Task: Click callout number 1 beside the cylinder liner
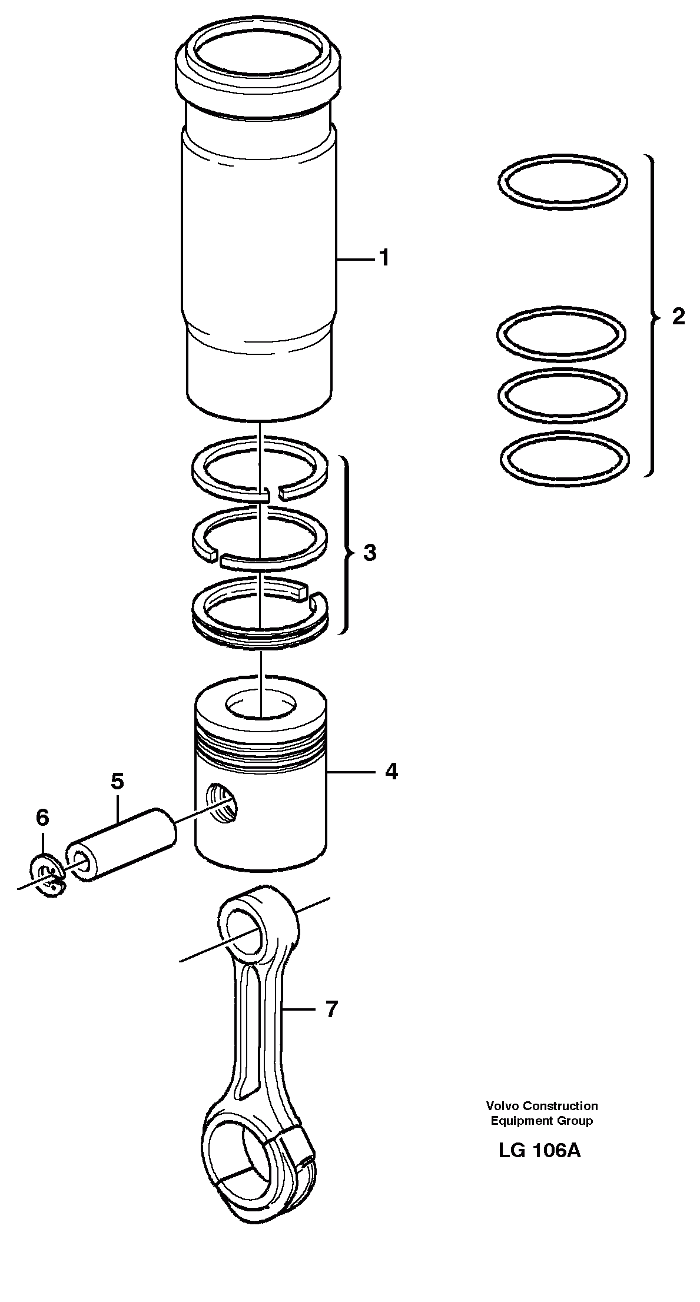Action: (x=384, y=258)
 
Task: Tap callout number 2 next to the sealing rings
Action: (x=678, y=317)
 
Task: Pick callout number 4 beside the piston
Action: (x=392, y=771)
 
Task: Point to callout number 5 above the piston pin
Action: (x=117, y=781)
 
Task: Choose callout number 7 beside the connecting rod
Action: (x=331, y=1009)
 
